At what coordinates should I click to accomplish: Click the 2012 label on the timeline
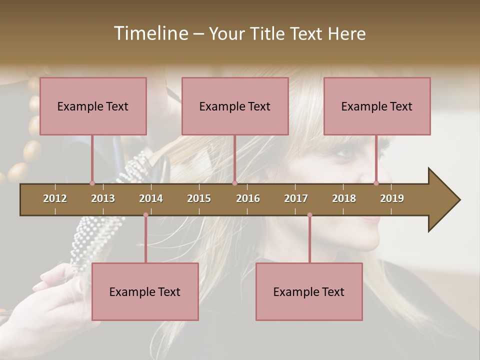pos(55,198)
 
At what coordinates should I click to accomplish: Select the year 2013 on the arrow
pos(103,198)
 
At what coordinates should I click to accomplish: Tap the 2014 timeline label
pos(151,198)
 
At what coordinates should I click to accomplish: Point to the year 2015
pos(199,198)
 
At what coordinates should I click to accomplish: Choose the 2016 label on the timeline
pos(248,198)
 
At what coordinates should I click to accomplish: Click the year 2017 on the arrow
pos(296,198)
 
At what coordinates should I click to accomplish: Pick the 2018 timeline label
pos(344,198)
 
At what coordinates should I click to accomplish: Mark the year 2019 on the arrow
pos(392,198)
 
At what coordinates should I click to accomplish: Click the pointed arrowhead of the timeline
pos(445,200)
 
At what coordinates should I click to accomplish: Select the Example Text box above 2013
pos(93,106)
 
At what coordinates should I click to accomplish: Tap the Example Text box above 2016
pos(235,106)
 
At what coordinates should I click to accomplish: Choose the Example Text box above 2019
pos(377,106)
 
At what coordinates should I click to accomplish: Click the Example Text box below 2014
pos(145,291)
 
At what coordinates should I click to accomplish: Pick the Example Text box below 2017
pos(309,291)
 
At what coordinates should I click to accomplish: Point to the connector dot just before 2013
pos(92,183)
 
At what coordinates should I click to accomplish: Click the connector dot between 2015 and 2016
pos(234,183)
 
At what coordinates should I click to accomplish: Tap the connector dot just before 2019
pos(376,183)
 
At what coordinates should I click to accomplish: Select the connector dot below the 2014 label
pos(145,215)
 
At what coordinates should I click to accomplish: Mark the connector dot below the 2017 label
pos(309,215)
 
